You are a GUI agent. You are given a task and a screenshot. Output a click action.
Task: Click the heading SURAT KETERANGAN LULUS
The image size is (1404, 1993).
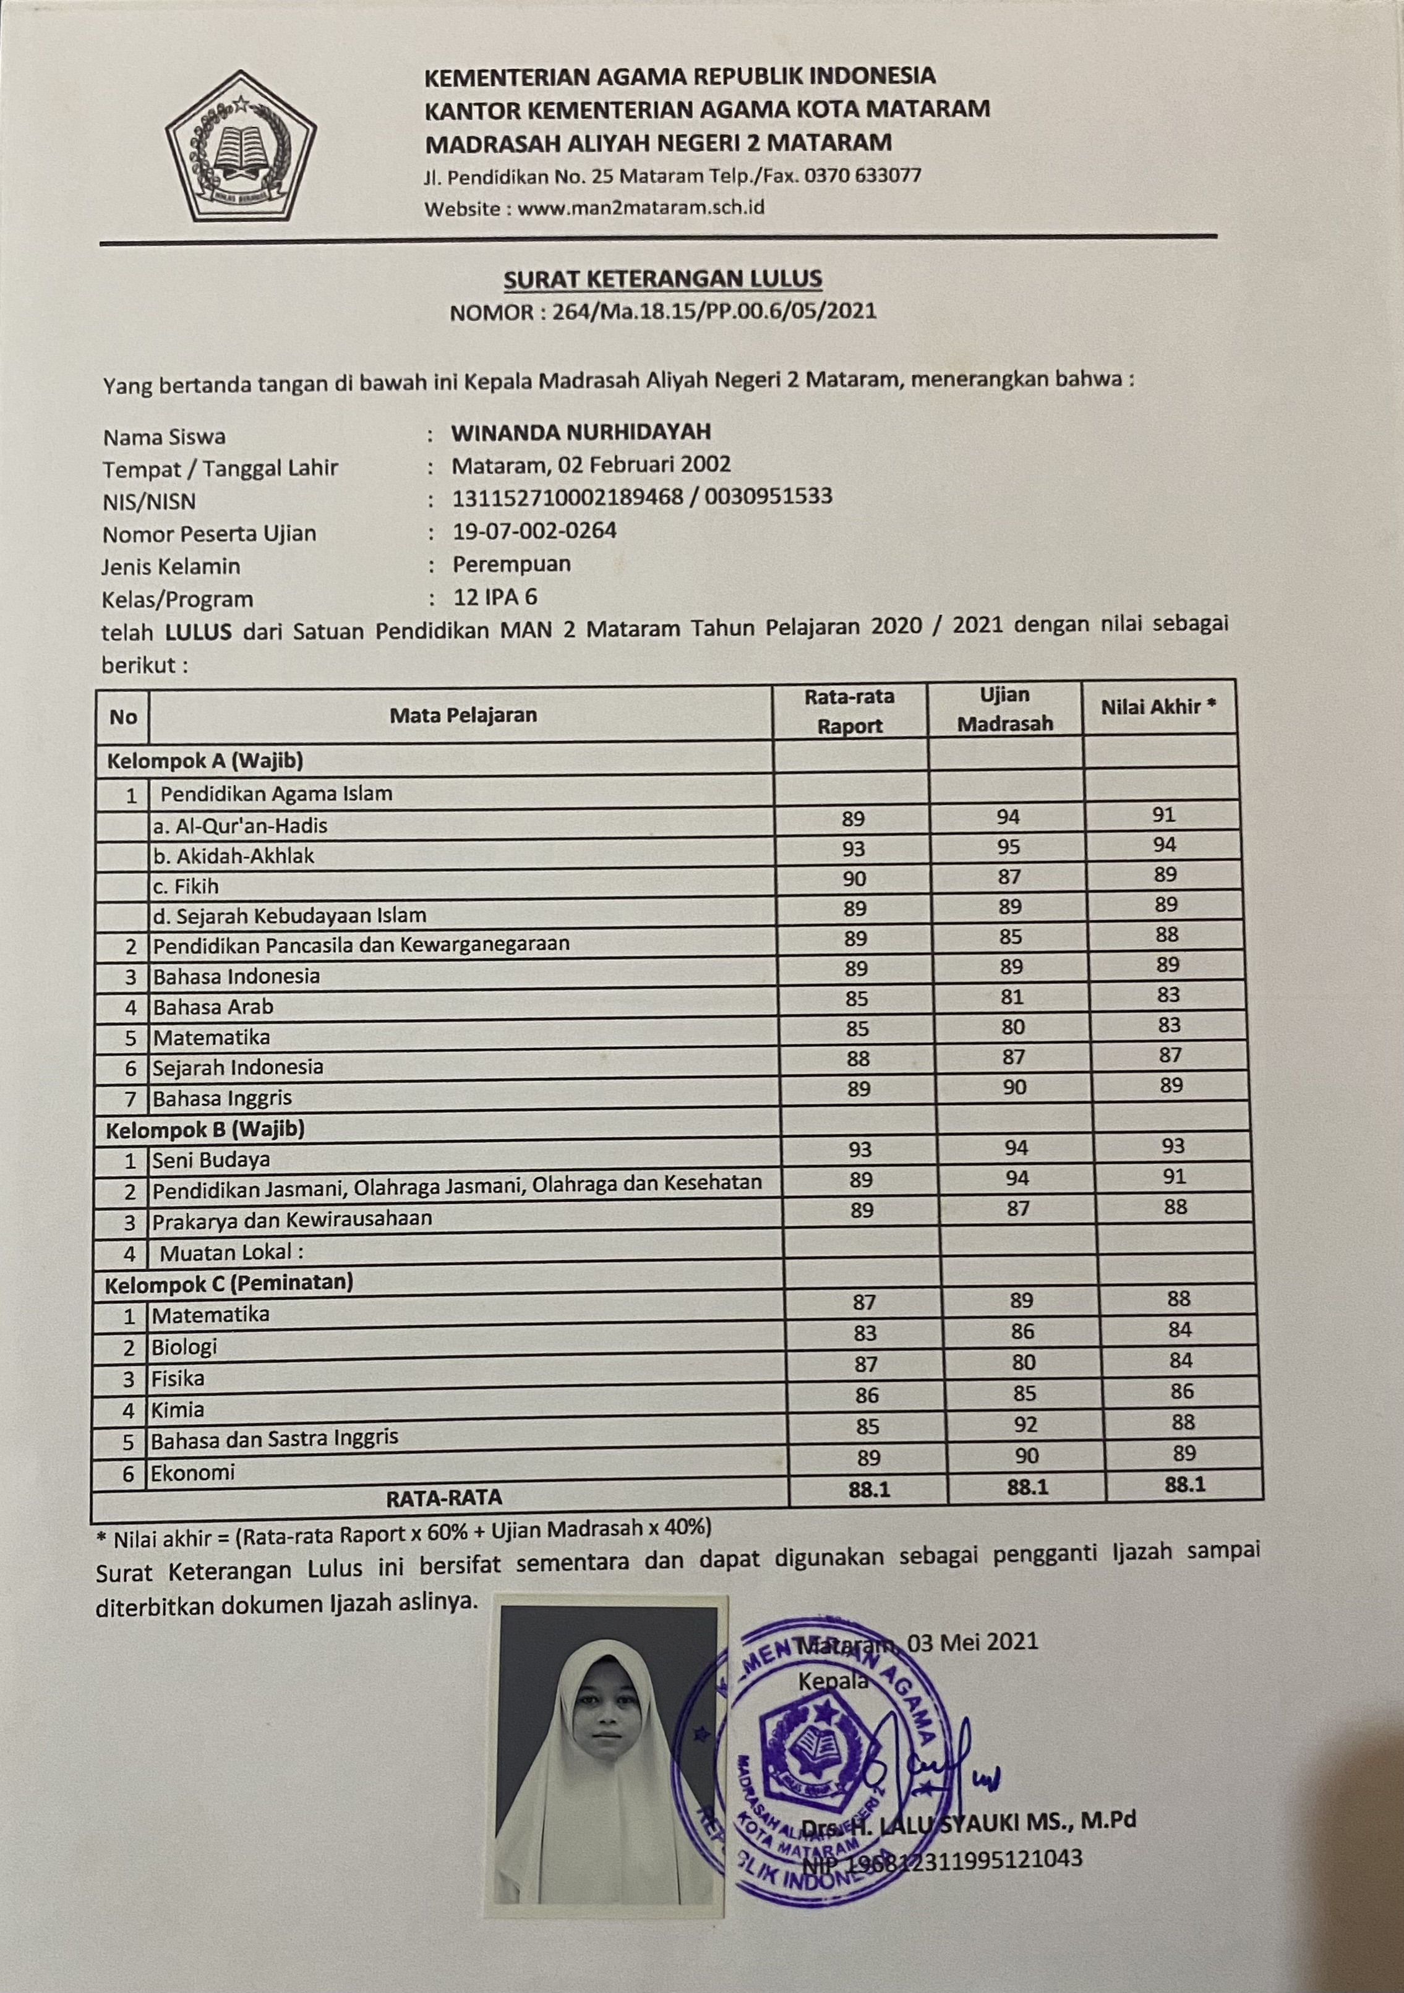click(662, 279)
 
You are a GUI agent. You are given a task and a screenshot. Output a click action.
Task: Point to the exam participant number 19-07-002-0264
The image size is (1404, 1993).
click(535, 531)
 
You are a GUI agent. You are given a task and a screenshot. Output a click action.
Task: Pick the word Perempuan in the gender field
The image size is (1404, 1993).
click(512, 564)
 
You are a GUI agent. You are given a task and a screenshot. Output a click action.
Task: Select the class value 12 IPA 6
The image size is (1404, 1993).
click(495, 597)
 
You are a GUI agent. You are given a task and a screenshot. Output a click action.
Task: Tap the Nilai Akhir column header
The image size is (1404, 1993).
click(1158, 707)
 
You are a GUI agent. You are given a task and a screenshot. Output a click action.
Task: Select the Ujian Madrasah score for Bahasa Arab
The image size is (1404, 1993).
click(1011, 997)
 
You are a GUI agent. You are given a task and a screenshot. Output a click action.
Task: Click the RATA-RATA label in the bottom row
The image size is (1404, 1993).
click(443, 1497)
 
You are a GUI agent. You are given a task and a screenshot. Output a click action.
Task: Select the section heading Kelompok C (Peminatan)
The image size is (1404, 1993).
click(229, 1283)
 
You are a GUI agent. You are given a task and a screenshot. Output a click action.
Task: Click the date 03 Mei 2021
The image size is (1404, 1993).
click(972, 1641)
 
